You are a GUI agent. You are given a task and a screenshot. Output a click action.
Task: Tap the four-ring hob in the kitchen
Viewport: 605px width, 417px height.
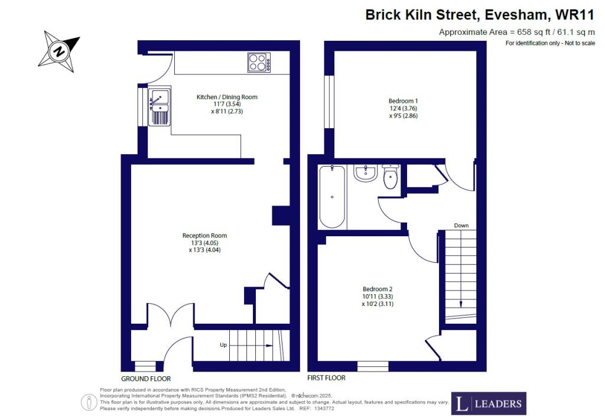coord(259,63)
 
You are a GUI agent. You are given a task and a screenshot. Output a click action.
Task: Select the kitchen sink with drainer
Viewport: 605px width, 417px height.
coord(160,106)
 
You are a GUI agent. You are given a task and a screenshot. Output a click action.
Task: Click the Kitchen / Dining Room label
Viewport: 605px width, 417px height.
coord(227,97)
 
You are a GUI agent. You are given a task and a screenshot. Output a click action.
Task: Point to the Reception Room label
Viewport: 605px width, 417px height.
coord(204,236)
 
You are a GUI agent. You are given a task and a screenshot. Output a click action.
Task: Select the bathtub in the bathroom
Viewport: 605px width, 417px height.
coord(332,196)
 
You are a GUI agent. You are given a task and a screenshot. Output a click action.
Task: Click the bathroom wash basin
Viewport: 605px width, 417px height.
coord(366,173)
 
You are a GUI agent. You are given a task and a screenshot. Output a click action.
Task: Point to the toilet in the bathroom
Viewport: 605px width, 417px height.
coord(391,177)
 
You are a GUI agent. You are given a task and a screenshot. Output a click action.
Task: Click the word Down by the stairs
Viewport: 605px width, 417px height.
coord(461,226)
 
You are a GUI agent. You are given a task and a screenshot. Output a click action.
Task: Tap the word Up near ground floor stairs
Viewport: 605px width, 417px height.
coord(223,344)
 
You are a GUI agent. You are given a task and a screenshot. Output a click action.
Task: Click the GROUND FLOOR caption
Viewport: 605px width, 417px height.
coord(146,379)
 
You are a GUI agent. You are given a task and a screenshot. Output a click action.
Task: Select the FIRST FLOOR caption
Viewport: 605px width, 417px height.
coord(326,377)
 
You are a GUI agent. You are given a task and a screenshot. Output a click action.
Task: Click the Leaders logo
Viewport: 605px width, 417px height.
coord(489,403)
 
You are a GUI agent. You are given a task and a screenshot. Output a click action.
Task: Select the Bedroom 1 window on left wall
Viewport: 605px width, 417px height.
coord(330,102)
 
